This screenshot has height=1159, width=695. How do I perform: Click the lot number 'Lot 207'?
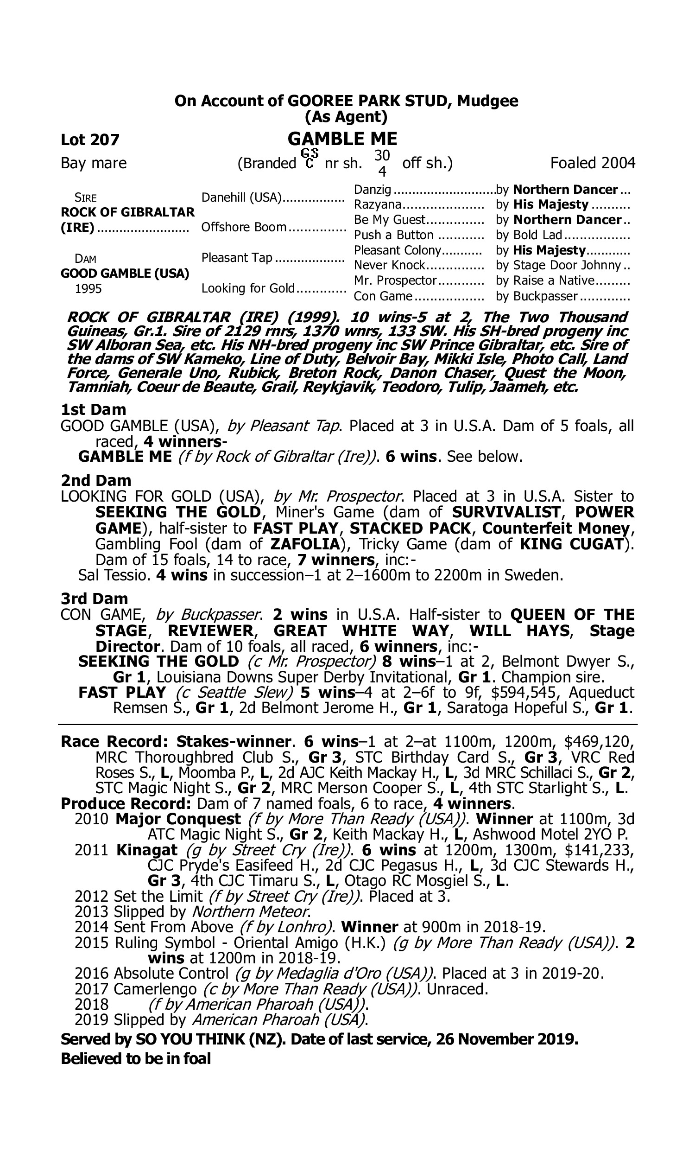(90, 140)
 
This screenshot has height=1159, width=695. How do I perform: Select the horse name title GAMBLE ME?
(342, 139)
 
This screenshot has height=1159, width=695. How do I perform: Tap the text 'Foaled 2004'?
(593, 163)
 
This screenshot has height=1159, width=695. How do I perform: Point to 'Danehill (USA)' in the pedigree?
(241, 197)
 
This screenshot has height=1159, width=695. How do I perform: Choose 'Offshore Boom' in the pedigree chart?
(244, 227)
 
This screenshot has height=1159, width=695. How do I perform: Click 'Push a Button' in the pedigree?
(393, 235)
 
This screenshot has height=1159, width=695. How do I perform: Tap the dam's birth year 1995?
(88, 288)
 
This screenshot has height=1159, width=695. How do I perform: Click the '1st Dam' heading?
(93, 409)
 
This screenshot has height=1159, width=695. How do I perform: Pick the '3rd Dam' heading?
(94, 598)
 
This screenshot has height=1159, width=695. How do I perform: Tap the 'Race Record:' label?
(114, 742)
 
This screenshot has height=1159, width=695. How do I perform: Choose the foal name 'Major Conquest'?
(178, 819)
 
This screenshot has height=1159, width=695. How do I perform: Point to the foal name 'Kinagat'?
(146, 850)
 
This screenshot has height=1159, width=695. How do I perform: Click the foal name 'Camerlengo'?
(155, 989)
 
